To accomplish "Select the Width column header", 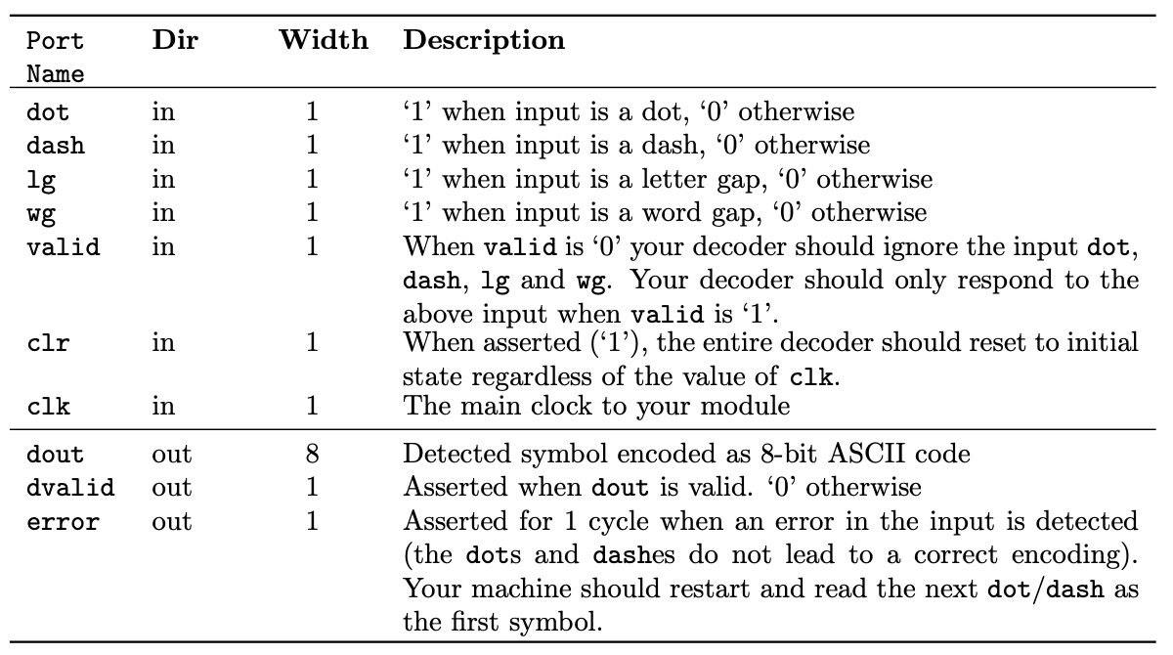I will click(324, 42).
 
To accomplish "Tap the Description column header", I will click(484, 42).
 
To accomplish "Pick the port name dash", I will click(56, 147).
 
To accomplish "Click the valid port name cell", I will click(63, 247).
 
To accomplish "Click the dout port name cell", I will click(56, 455).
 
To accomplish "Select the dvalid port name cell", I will click(69, 488).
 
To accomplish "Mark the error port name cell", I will click(63, 521).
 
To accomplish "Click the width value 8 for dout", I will click(312, 455).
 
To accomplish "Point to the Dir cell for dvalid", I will click(172, 488).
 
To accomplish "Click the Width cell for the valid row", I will click(312, 247).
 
